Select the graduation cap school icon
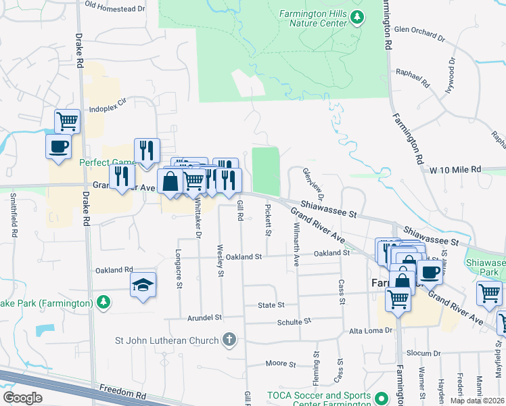coord(143,284)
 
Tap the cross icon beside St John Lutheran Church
coord(229,338)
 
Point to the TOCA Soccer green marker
coord(382,399)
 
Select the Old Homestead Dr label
coord(116,8)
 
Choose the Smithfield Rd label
coord(13,215)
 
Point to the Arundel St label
coord(204,317)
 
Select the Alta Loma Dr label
coord(370,330)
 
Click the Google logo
coord(22,398)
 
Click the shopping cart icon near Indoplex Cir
coord(68,122)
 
